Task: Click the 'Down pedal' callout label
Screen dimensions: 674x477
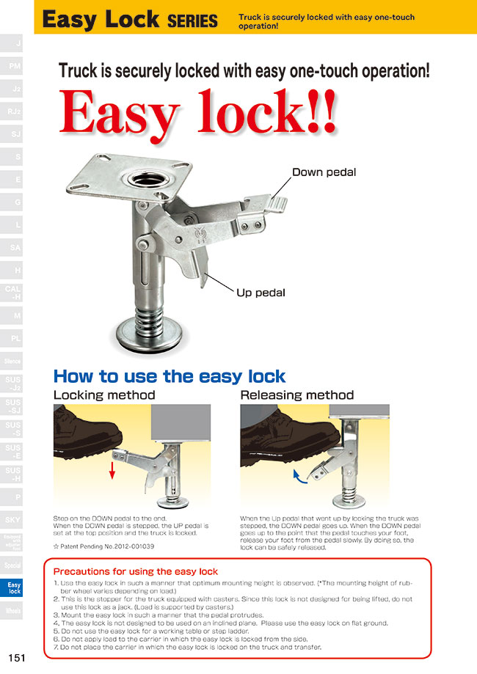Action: (x=324, y=173)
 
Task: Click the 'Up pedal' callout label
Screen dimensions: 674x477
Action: (x=261, y=293)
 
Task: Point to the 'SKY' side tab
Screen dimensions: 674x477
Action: (x=13, y=519)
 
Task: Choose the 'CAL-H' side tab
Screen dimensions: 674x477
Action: (x=13, y=293)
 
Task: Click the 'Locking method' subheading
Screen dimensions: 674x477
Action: (x=104, y=395)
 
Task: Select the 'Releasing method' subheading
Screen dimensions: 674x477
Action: (x=297, y=395)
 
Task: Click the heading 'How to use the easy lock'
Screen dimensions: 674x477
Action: (x=169, y=376)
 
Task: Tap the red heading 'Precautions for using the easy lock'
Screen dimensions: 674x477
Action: (x=136, y=571)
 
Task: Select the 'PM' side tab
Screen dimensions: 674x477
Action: (x=13, y=67)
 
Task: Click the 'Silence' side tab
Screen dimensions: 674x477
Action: (x=13, y=361)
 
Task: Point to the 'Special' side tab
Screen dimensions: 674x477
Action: (x=13, y=565)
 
